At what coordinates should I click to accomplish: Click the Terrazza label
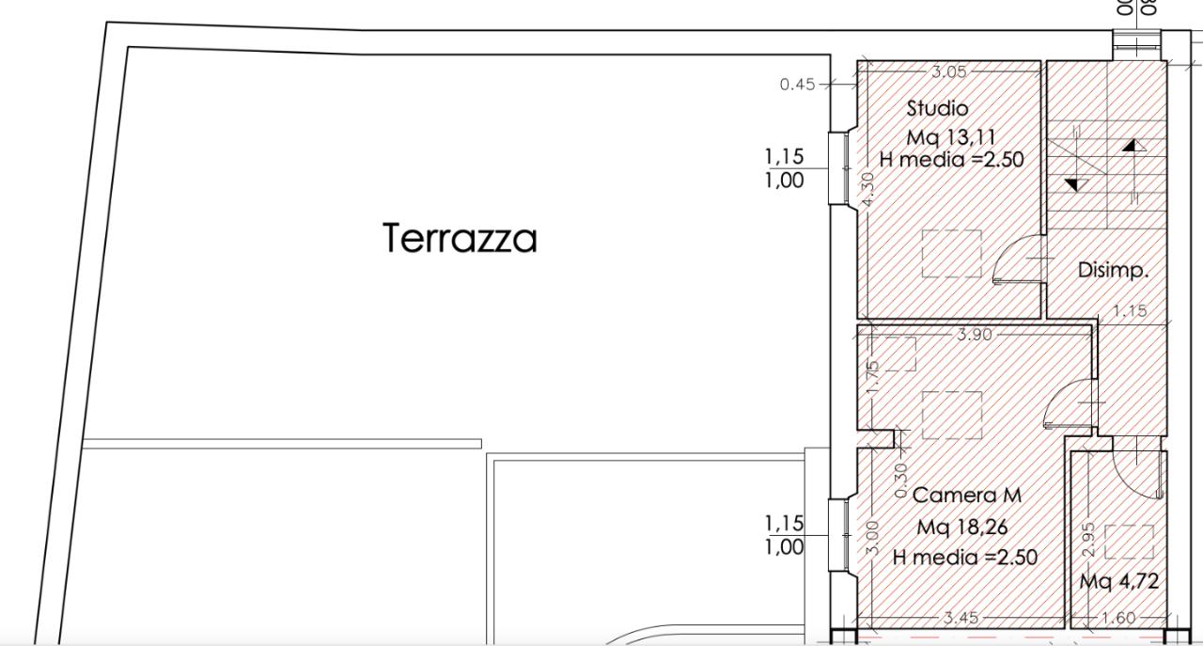(461, 238)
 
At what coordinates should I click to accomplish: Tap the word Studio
(937, 108)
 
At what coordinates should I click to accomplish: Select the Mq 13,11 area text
(951, 138)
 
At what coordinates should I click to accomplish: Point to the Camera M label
(967, 495)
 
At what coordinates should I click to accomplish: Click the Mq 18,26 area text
(962, 527)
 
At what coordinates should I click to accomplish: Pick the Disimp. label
(1114, 270)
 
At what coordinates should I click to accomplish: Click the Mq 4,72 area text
(1118, 582)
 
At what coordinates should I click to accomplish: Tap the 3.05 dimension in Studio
(948, 71)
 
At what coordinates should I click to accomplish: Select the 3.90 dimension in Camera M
(974, 334)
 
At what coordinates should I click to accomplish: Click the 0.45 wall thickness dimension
(798, 85)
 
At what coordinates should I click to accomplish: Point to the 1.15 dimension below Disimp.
(1130, 311)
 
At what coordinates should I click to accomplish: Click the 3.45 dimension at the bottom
(961, 618)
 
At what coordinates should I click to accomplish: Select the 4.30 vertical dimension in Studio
(868, 188)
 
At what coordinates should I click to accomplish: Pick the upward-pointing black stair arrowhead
(1133, 146)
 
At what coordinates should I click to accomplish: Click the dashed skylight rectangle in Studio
(951, 254)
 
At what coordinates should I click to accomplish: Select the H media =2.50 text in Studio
(951, 160)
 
